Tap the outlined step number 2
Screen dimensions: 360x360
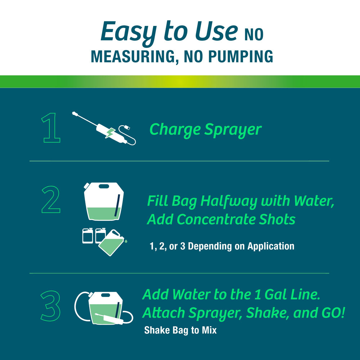coord(51,199)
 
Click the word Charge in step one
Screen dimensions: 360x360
coord(175,129)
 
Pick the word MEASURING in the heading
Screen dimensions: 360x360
coord(131,57)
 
